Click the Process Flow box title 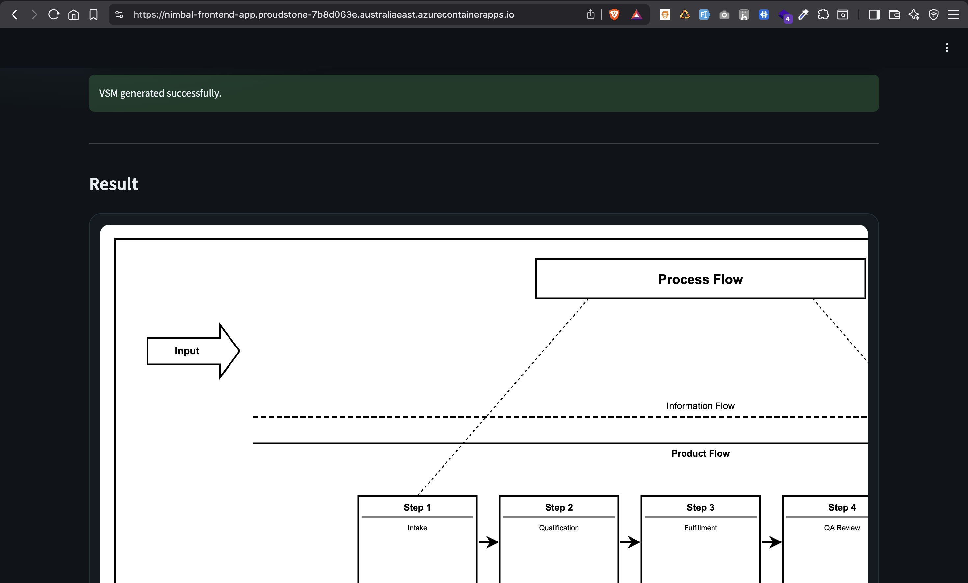pos(700,279)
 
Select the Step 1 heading pos(417,507)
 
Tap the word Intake pos(417,528)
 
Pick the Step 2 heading pos(558,507)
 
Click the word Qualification pos(558,528)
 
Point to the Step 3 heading pos(700,507)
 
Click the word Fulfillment pos(700,528)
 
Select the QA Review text pos(842,528)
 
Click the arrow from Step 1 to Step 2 pos(488,542)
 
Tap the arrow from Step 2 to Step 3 pos(630,542)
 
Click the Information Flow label pos(700,406)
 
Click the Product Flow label pos(700,453)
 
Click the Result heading pos(114,184)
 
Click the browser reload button pos(53,14)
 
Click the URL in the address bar pos(324,14)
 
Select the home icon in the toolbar pos(73,14)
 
